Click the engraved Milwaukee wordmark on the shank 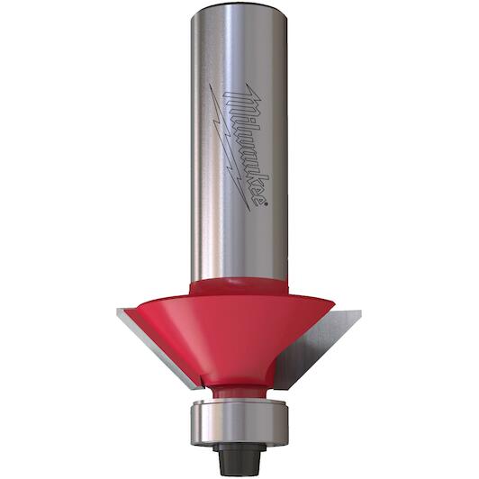(246, 147)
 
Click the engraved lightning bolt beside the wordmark (229, 147)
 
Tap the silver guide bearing (239, 422)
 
